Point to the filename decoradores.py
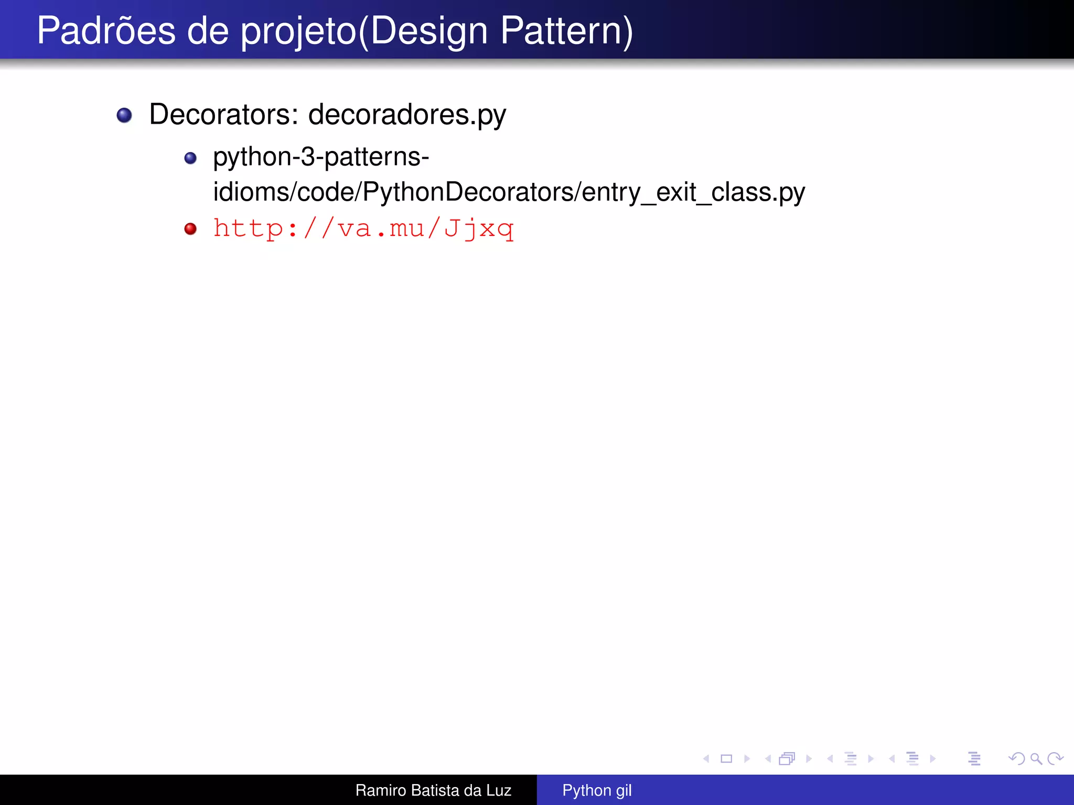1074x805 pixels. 407,115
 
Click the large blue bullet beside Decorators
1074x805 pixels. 124,115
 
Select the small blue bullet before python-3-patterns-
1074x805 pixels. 190,158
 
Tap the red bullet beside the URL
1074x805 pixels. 190,229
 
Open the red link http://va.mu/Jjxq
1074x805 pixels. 363,229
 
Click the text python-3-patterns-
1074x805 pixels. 321,157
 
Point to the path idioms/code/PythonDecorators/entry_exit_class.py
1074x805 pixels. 509,192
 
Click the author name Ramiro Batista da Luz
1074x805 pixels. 433,790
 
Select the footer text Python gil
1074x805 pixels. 597,790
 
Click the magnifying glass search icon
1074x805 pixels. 1036,758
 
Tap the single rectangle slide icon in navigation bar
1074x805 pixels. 726,758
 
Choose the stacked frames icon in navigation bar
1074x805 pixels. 787,758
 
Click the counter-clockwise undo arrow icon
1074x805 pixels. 1016,758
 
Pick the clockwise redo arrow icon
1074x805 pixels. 1055,758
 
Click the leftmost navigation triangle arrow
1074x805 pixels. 706,758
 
